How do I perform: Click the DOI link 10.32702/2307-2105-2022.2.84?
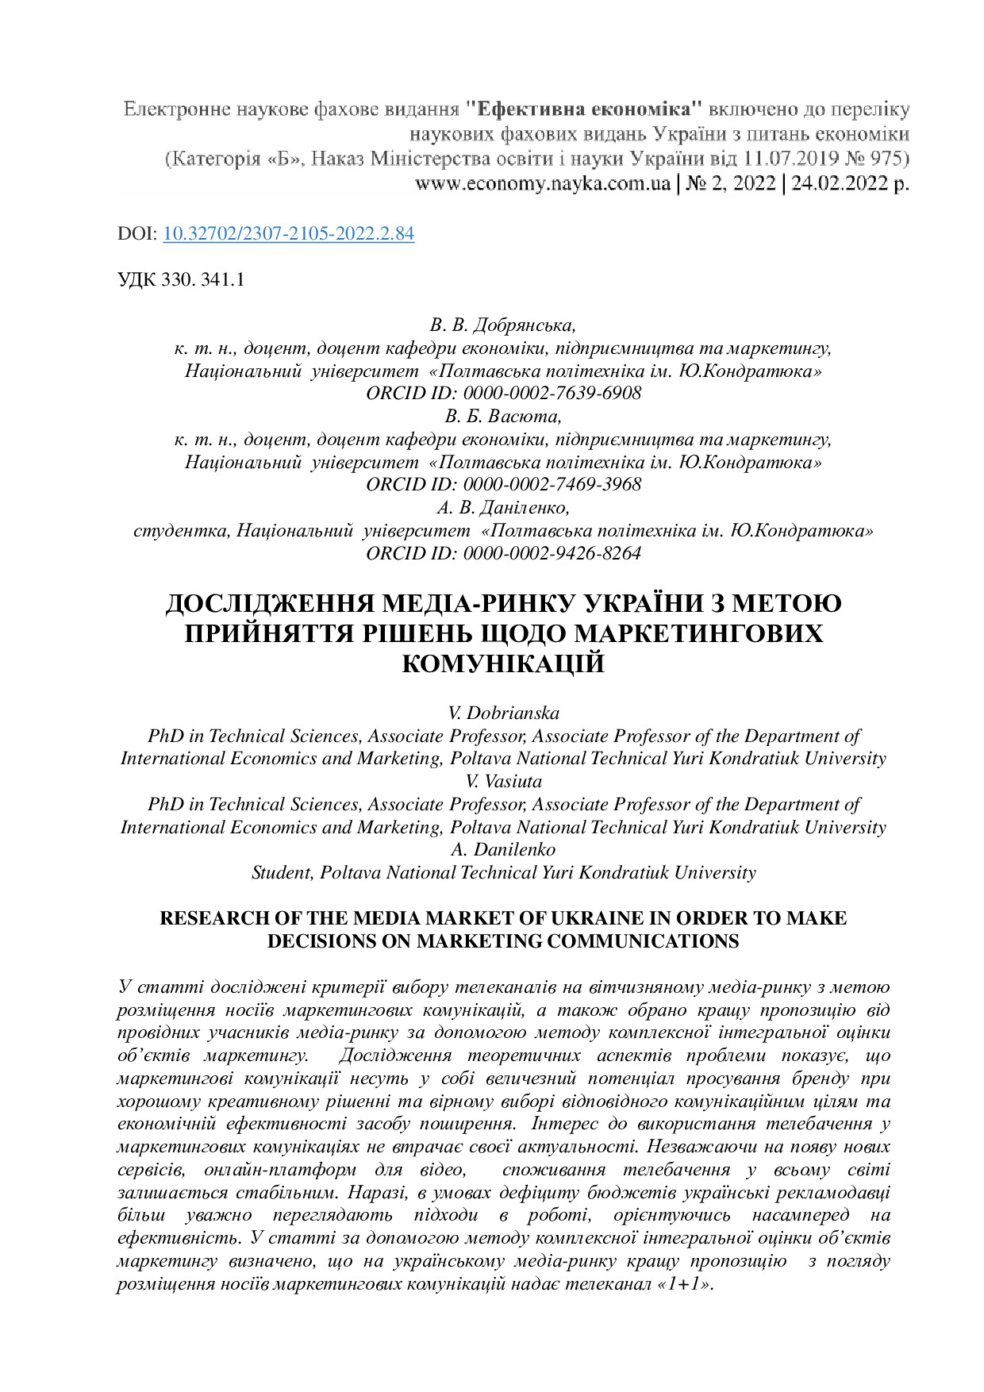(289, 234)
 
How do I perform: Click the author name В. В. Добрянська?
(503, 325)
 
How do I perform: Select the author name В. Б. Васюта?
(503, 417)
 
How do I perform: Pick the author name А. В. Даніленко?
(503, 508)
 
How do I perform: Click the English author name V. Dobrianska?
(503, 713)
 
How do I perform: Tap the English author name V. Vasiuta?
(503, 782)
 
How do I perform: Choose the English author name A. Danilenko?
(503, 850)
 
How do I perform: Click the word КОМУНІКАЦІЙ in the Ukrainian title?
(503, 664)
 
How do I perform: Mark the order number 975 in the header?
(894, 159)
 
